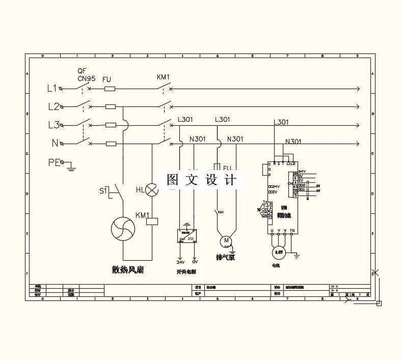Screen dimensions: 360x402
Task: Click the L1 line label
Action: click(x=51, y=89)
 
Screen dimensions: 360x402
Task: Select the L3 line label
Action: click(x=53, y=125)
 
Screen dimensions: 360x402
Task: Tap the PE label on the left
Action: click(x=53, y=162)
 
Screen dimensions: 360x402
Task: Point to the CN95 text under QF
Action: click(x=86, y=78)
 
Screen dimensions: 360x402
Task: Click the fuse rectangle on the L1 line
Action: click(x=110, y=89)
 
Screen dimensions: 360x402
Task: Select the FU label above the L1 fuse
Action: click(x=107, y=79)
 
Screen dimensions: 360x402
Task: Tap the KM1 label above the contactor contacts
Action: click(x=163, y=77)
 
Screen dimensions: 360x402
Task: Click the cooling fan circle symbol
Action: click(x=124, y=228)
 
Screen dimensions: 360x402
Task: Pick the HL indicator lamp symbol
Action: click(x=152, y=191)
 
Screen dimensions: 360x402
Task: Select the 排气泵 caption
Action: click(x=225, y=258)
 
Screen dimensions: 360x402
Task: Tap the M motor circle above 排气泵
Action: click(x=225, y=240)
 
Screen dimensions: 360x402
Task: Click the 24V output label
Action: click(x=181, y=263)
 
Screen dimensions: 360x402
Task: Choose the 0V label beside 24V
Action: click(x=195, y=263)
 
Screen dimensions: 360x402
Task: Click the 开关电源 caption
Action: click(x=186, y=272)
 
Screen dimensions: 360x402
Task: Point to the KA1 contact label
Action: click(x=221, y=212)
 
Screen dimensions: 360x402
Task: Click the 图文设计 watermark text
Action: click(x=202, y=180)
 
